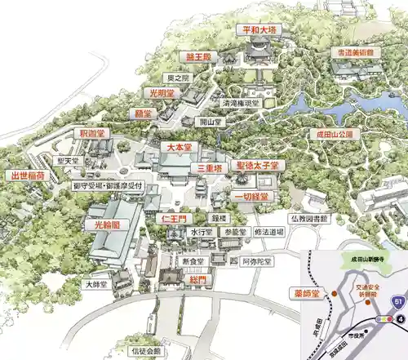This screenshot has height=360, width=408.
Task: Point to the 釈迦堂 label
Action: pos(90,132)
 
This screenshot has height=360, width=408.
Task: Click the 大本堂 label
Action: pos(179,148)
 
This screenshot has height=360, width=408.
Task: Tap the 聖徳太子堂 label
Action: pos(257,165)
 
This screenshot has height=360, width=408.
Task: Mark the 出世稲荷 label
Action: pos(28,175)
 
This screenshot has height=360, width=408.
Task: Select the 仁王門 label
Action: pos(174,219)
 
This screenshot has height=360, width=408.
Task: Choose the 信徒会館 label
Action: pos(148,351)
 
